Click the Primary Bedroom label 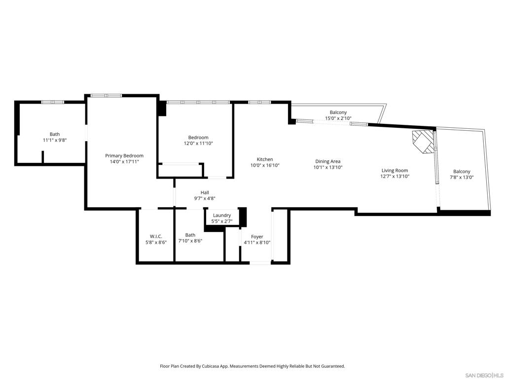(x=124, y=155)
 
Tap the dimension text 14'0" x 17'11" (x=124, y=161)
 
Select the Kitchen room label (x=265, y=159)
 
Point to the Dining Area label (x=327, y=161)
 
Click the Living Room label (x=395, y=170)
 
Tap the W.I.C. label (x=156, y=236)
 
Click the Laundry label (x=222, y=215)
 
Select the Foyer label (x=257, y=236)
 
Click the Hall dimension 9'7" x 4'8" (x=205, y=198)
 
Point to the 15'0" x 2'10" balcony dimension (x=338, y=118)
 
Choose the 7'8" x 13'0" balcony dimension (x=462, y=178)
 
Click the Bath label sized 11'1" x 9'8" (x=55, y=134)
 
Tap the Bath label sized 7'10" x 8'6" (x=190, y=235)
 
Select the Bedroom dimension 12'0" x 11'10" (x=198, y=144)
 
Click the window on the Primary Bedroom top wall (x=106, y=95)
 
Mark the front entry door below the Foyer (x=260, y=263)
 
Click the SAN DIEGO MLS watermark (x=484, y=375)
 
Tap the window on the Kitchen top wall (x=259, y=102)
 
